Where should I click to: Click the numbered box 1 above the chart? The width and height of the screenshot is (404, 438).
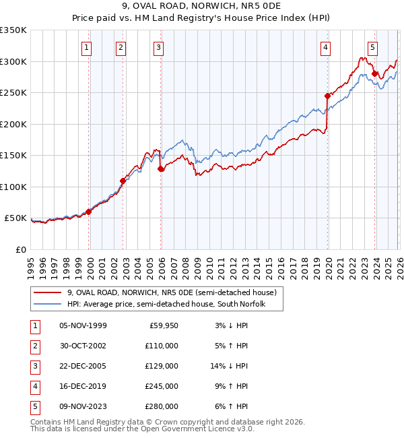click(88, 47)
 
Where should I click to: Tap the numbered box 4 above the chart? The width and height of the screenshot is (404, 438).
click(325, 47)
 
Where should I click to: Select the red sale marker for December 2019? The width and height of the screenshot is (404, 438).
click(327, 96)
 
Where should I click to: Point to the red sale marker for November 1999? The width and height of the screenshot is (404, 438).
click(88, 212)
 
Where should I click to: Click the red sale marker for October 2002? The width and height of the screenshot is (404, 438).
click(123, 181)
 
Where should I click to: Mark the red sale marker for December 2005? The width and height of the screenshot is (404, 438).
click(161, 169)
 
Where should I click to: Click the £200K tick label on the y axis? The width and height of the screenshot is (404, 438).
click(13, 124)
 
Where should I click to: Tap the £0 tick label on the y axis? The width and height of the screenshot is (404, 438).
click(20, 249)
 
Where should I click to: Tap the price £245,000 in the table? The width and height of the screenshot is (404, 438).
click(162, 387)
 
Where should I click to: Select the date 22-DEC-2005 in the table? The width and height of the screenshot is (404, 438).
click(83, 366)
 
